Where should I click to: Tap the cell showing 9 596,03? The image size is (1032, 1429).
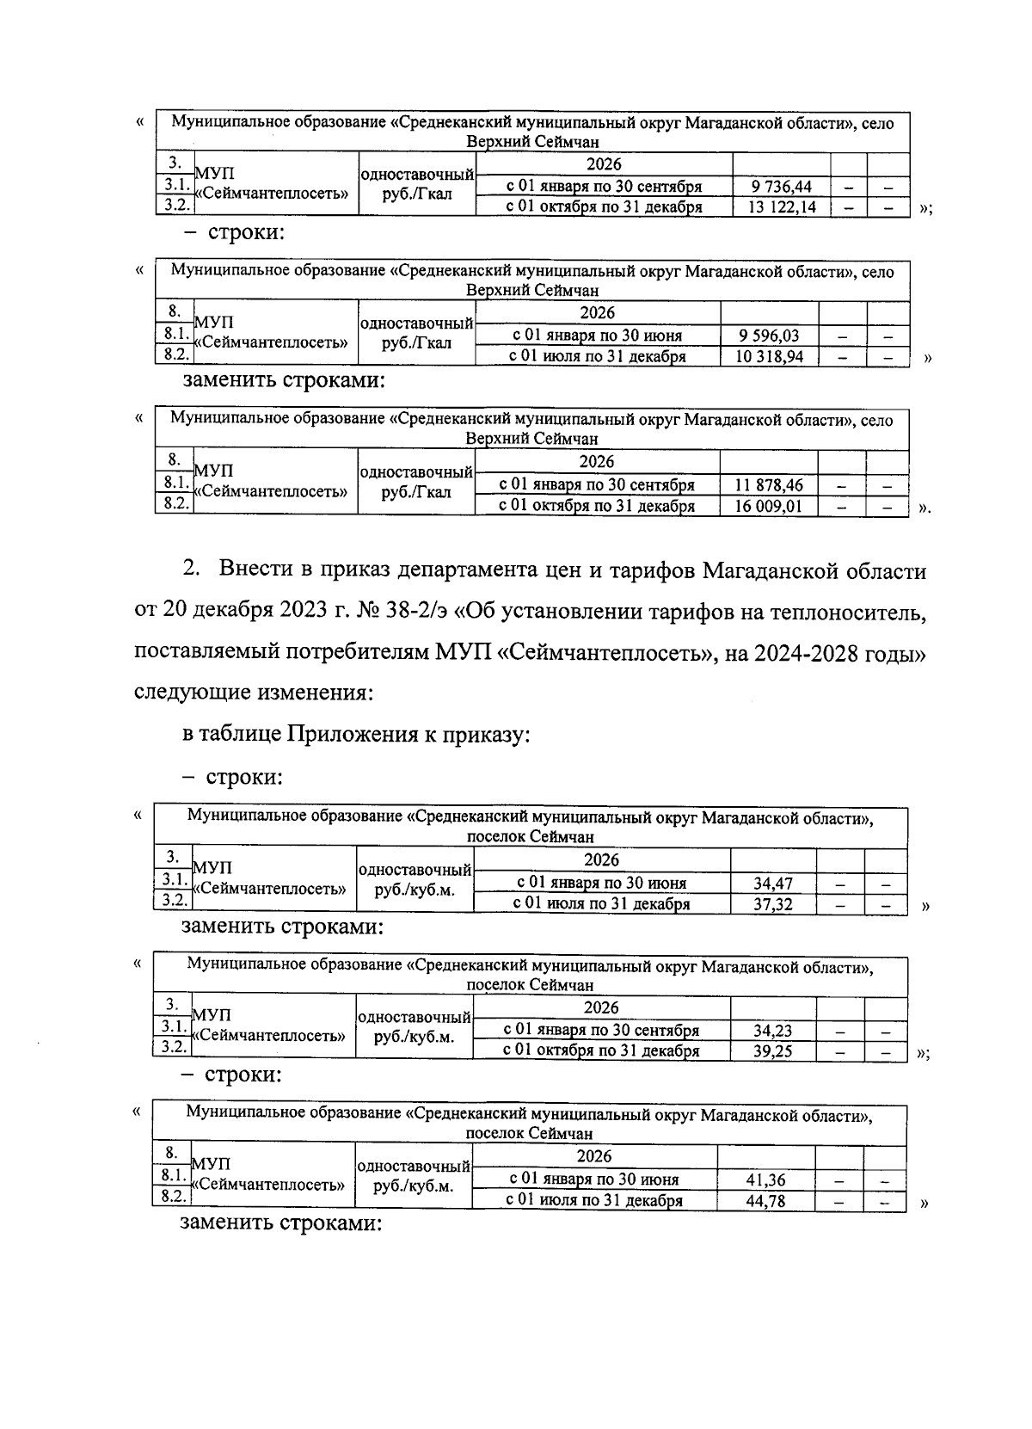pos(769,336)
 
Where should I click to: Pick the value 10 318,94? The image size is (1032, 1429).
pos(769,356)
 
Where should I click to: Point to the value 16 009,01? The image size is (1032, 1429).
pos(768,506)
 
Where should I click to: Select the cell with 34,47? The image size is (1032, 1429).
pos(772,883)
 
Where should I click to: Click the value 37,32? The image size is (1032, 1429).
pos(772,903)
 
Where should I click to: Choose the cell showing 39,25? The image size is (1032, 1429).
pos(772,1050)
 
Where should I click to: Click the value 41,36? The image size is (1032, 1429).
pos(765,1180)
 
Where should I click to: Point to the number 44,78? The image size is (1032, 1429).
pos(765,1201)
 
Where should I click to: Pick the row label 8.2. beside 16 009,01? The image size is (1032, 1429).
pos(175,504)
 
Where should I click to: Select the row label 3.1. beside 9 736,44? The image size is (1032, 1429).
pos(175,185)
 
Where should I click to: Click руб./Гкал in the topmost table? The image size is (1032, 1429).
pos(417,196)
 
